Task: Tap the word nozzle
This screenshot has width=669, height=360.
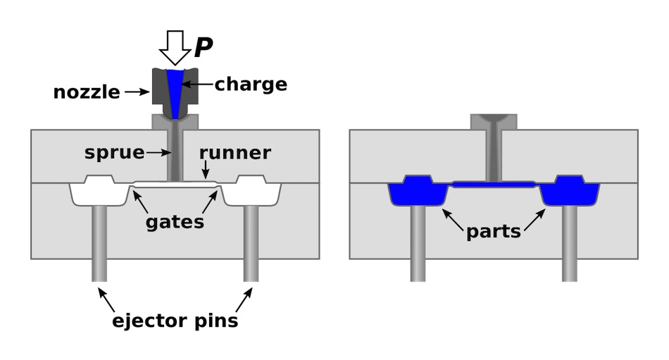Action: (x=86, y=92)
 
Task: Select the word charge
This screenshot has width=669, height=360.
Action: (x=251, y=85)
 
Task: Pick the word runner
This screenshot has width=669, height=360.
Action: (x=235, y=153)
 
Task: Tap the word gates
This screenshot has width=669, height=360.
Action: (x=175, y=223)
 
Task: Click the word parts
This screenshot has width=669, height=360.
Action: (x=493, y=231)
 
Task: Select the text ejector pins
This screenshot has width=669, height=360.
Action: (x=175, y=321)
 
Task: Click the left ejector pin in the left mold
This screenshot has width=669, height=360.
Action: (x=99, y=244)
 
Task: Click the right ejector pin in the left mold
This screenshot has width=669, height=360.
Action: (x=251, y=244)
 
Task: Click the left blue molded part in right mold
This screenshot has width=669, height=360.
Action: (x=418, y=191)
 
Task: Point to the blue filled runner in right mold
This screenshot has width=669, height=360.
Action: (x=493, y=184)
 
